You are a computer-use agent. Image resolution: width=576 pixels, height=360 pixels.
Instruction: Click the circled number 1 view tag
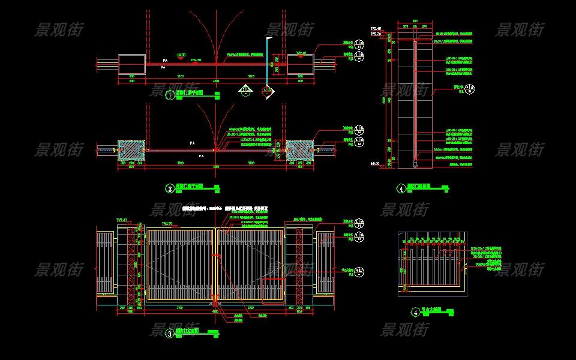(170, 95)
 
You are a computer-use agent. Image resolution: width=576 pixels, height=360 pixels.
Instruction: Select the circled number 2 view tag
(170, 189)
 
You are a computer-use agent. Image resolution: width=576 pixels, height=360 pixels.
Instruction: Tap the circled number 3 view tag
(170, 334)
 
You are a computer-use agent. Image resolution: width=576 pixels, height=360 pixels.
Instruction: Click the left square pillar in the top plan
(132, 65)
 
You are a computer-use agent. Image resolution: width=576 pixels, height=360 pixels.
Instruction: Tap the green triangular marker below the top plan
(245, 91)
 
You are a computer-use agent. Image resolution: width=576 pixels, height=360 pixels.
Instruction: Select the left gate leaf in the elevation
(180, 264)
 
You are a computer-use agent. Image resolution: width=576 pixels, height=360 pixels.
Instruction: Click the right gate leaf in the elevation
(250, 264)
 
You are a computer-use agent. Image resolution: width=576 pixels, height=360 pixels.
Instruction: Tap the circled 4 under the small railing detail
(416, 312)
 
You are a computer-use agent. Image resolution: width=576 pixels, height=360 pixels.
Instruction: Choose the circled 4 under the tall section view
(401, 188)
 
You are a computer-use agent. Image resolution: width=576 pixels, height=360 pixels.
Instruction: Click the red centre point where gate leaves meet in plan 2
(215, 150)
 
